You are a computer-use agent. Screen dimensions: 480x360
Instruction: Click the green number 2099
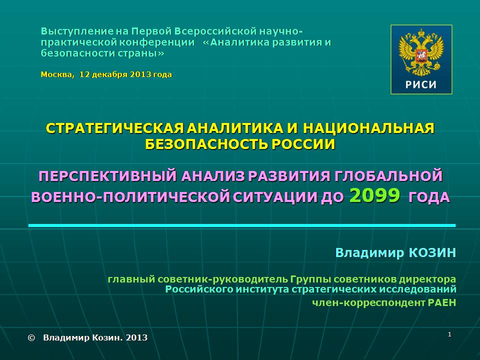(x=374, y=195)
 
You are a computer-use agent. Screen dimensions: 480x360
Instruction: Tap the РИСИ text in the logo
(x=421, y=84)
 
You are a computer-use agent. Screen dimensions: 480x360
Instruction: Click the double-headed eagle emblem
(x=421, y=52)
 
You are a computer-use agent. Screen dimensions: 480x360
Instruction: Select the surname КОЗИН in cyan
(x=432, y=253)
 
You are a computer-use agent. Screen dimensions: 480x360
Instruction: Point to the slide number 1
(x=449, y=334)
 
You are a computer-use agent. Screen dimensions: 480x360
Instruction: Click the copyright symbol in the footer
(x=31, y=337)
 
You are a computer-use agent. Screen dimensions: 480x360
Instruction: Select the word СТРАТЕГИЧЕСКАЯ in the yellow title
(x=115, y=128)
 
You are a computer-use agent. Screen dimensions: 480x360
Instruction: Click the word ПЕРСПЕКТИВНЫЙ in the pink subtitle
(x=108, y=176)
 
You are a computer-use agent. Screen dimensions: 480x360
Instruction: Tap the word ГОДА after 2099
(x=429, y=197)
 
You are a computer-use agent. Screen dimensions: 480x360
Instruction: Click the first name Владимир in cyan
(x=370, y=253)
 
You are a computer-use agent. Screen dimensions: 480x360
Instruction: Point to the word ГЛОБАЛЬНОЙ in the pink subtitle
(x=388, y=176)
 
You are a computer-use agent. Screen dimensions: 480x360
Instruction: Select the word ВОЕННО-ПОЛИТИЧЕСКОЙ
(x=130, y=197)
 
